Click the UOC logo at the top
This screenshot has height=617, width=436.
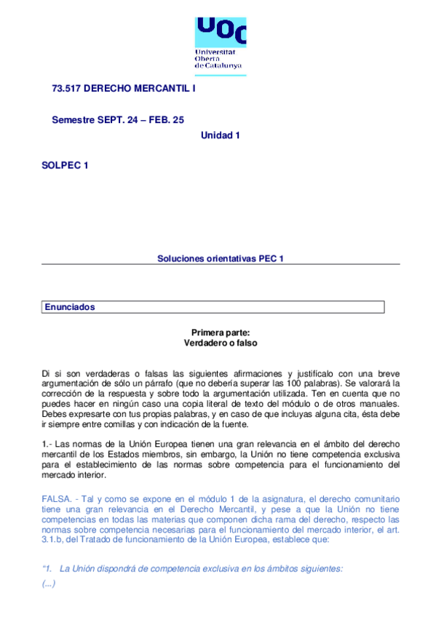tap(221, 33)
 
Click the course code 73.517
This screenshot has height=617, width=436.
tap(66, 88)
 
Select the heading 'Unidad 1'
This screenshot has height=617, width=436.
tap(221, 135)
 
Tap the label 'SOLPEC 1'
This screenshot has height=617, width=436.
tap(66, 166)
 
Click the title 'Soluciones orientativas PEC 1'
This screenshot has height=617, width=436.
tap(221, 258)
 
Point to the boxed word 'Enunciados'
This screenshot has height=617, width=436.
tap(70, 307)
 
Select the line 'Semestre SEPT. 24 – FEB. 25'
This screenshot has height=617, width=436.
tap(118, 119)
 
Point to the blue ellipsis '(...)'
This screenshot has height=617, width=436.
tap(49, 583)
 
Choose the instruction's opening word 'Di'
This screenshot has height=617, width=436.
tap(47, 373)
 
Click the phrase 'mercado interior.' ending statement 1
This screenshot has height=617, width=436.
tap(74, 476)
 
